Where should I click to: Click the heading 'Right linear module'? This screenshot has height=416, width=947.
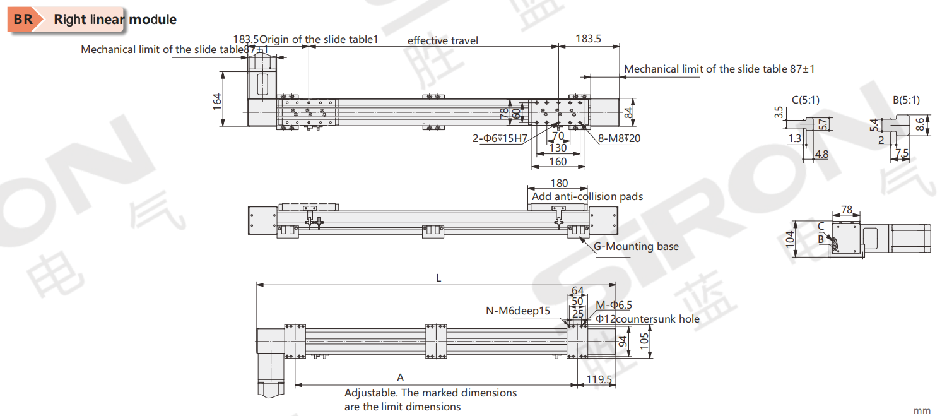(115, 20)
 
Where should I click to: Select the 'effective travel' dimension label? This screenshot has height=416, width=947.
(442, 40)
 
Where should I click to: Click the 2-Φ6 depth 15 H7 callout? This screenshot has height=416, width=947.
(500, 138)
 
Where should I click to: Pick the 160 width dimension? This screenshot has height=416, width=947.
(558, 162)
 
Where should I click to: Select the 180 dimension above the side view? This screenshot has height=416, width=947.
(558, 184)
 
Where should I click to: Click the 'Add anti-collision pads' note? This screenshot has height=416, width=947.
(587, 196)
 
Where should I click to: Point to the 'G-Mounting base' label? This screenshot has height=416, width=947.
(636, 246)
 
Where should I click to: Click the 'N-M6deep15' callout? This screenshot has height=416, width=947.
(518, 311)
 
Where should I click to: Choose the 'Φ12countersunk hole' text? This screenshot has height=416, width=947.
(647, 319)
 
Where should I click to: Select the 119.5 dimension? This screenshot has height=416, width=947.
(599, 379)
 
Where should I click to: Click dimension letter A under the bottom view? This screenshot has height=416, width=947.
(400, 377)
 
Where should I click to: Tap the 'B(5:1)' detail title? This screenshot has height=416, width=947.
(906, 100)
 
